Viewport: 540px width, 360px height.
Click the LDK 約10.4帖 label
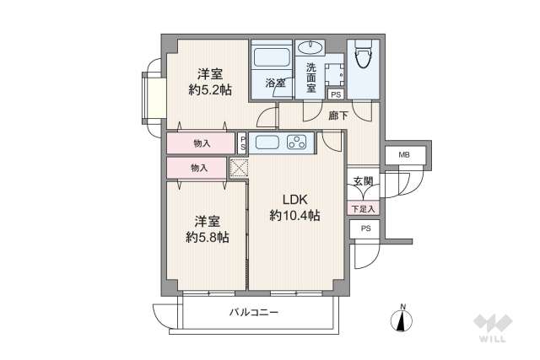click(294, 207)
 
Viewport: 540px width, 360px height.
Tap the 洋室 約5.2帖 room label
click(210, 81)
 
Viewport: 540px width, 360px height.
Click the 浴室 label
click(275, 83)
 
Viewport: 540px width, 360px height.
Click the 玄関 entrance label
click(363, 182)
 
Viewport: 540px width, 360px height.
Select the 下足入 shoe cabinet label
click(363, 207)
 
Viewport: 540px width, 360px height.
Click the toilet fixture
click(364, 57)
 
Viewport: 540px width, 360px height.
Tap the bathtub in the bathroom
click(270, 56)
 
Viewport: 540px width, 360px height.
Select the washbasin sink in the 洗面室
click(309, 46)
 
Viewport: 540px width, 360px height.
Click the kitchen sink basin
click(266, 141)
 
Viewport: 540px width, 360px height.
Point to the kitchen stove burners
click(296, 141)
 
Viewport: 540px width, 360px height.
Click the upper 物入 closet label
click(201, 144)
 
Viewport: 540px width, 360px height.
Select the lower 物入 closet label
click(198, 169)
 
